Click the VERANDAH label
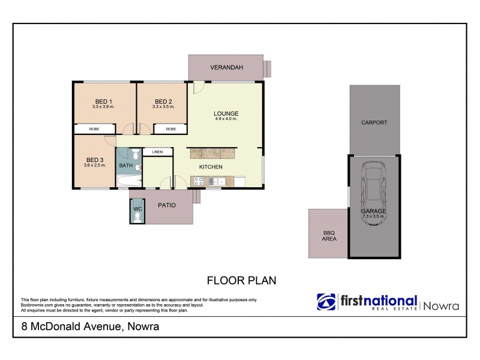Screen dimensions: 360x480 tap(226, 67)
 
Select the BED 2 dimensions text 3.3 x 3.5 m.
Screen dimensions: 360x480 tap(163, 107)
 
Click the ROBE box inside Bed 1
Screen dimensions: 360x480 tap(95, 129)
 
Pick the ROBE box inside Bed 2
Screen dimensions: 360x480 tap(171, 129)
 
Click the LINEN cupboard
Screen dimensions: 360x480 tap(157, 152)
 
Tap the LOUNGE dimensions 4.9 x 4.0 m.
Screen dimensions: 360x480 tap(226, 119)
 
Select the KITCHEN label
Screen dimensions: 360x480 tap(211, 167)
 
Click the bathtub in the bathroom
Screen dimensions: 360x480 tap(128, 181)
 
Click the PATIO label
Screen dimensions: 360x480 tap(166, 205)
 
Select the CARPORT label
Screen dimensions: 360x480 tap(374, 122)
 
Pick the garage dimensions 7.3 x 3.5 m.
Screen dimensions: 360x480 tap(373, 217)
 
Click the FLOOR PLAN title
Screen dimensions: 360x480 tap(241, 280)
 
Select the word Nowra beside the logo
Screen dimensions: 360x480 tap(441, 305)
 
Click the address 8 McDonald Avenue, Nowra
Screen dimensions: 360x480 tap(86, 327)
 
